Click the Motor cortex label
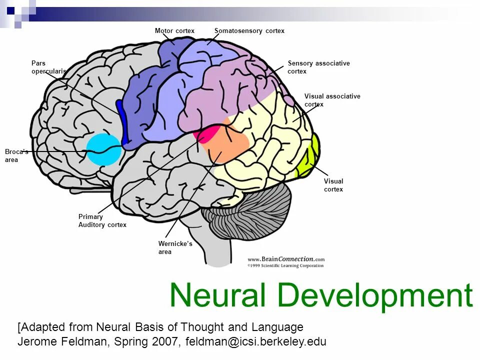[174, 31]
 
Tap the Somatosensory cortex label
[249, 31]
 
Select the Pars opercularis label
[48, 67]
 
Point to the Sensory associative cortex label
[318, 67]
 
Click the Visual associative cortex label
[332, 100]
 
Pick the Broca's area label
[16, 155]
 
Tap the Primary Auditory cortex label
[102, 221]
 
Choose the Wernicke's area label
[175, 247]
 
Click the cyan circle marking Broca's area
[103, 149]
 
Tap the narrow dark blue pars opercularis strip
[121, 120]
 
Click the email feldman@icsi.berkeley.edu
[255, 342]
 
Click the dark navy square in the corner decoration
[10, 9]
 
